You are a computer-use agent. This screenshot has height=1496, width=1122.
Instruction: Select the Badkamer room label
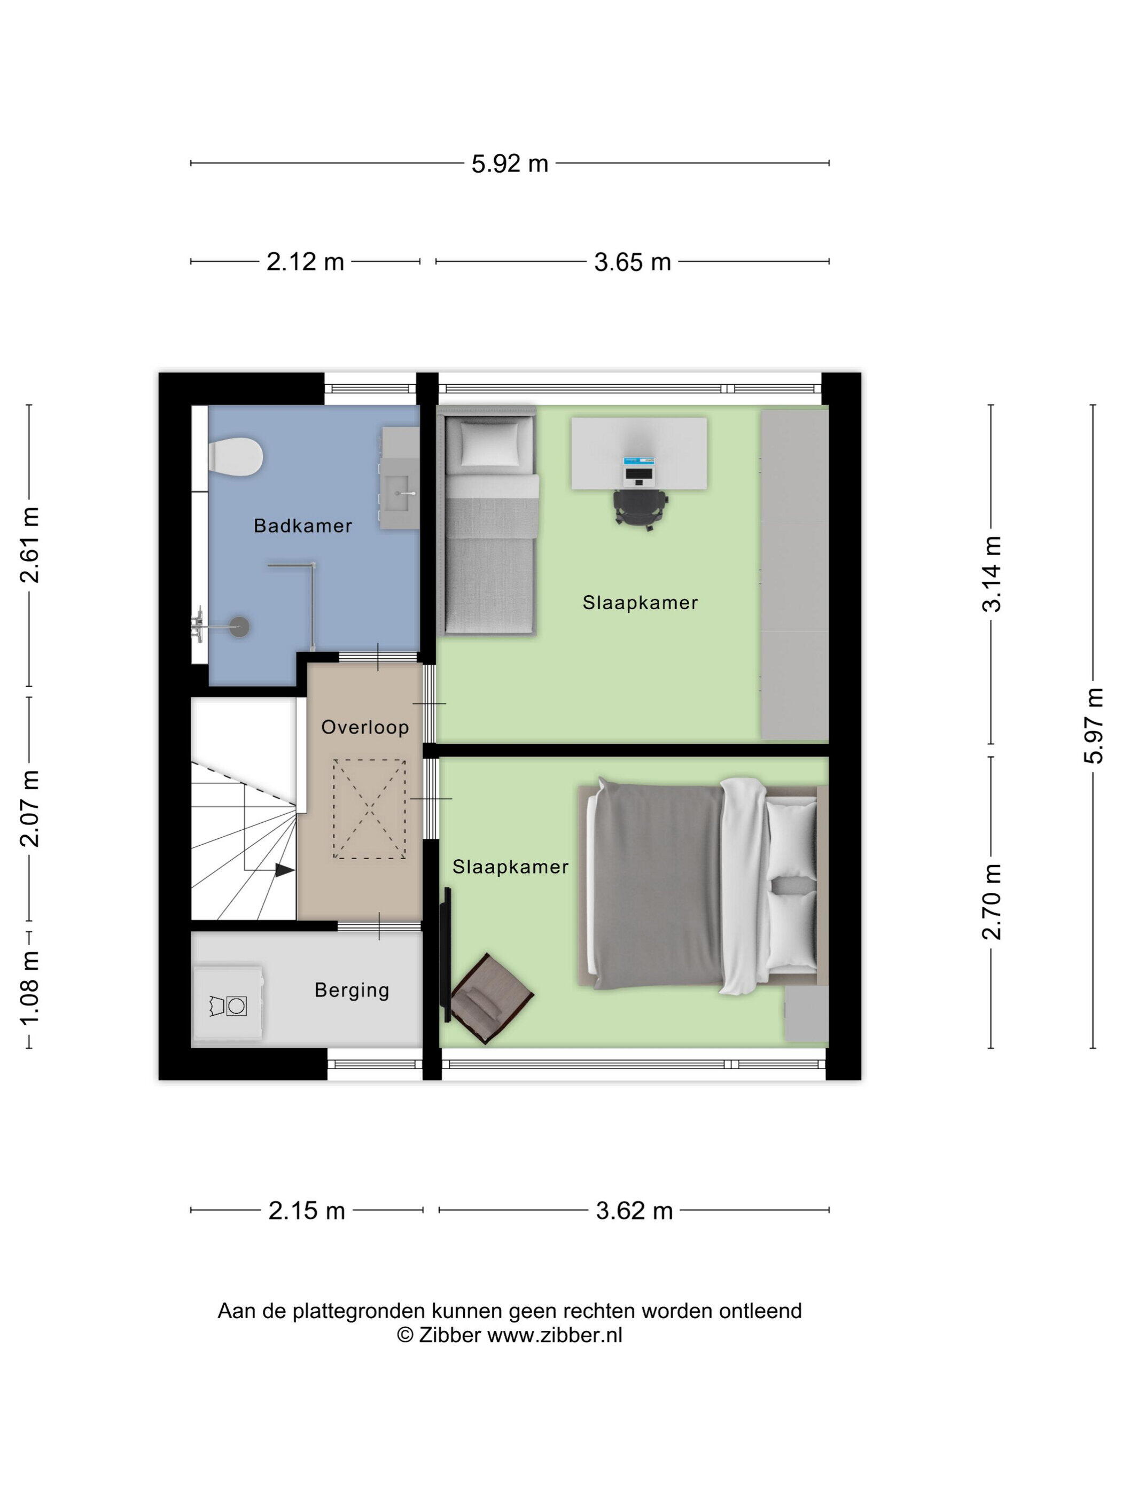pos(303,526)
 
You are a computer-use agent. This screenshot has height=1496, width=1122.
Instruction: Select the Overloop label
pos(365,727)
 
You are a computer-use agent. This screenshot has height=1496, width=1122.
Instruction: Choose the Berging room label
pos(352,990)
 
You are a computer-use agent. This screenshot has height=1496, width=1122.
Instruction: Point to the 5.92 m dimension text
pos(510,163)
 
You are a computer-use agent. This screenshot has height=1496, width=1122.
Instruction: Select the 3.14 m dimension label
pos(992,573)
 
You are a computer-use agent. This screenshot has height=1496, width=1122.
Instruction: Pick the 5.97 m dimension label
pos(1093,726)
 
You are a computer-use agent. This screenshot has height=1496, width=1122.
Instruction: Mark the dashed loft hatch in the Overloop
pos(369,809)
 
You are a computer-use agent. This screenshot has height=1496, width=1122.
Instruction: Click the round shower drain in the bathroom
pos(239,626)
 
